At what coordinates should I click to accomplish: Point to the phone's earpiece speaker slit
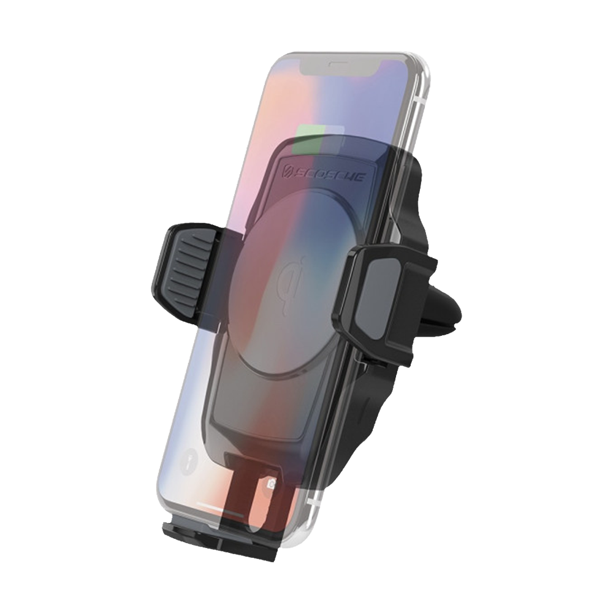tap(335, 63)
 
